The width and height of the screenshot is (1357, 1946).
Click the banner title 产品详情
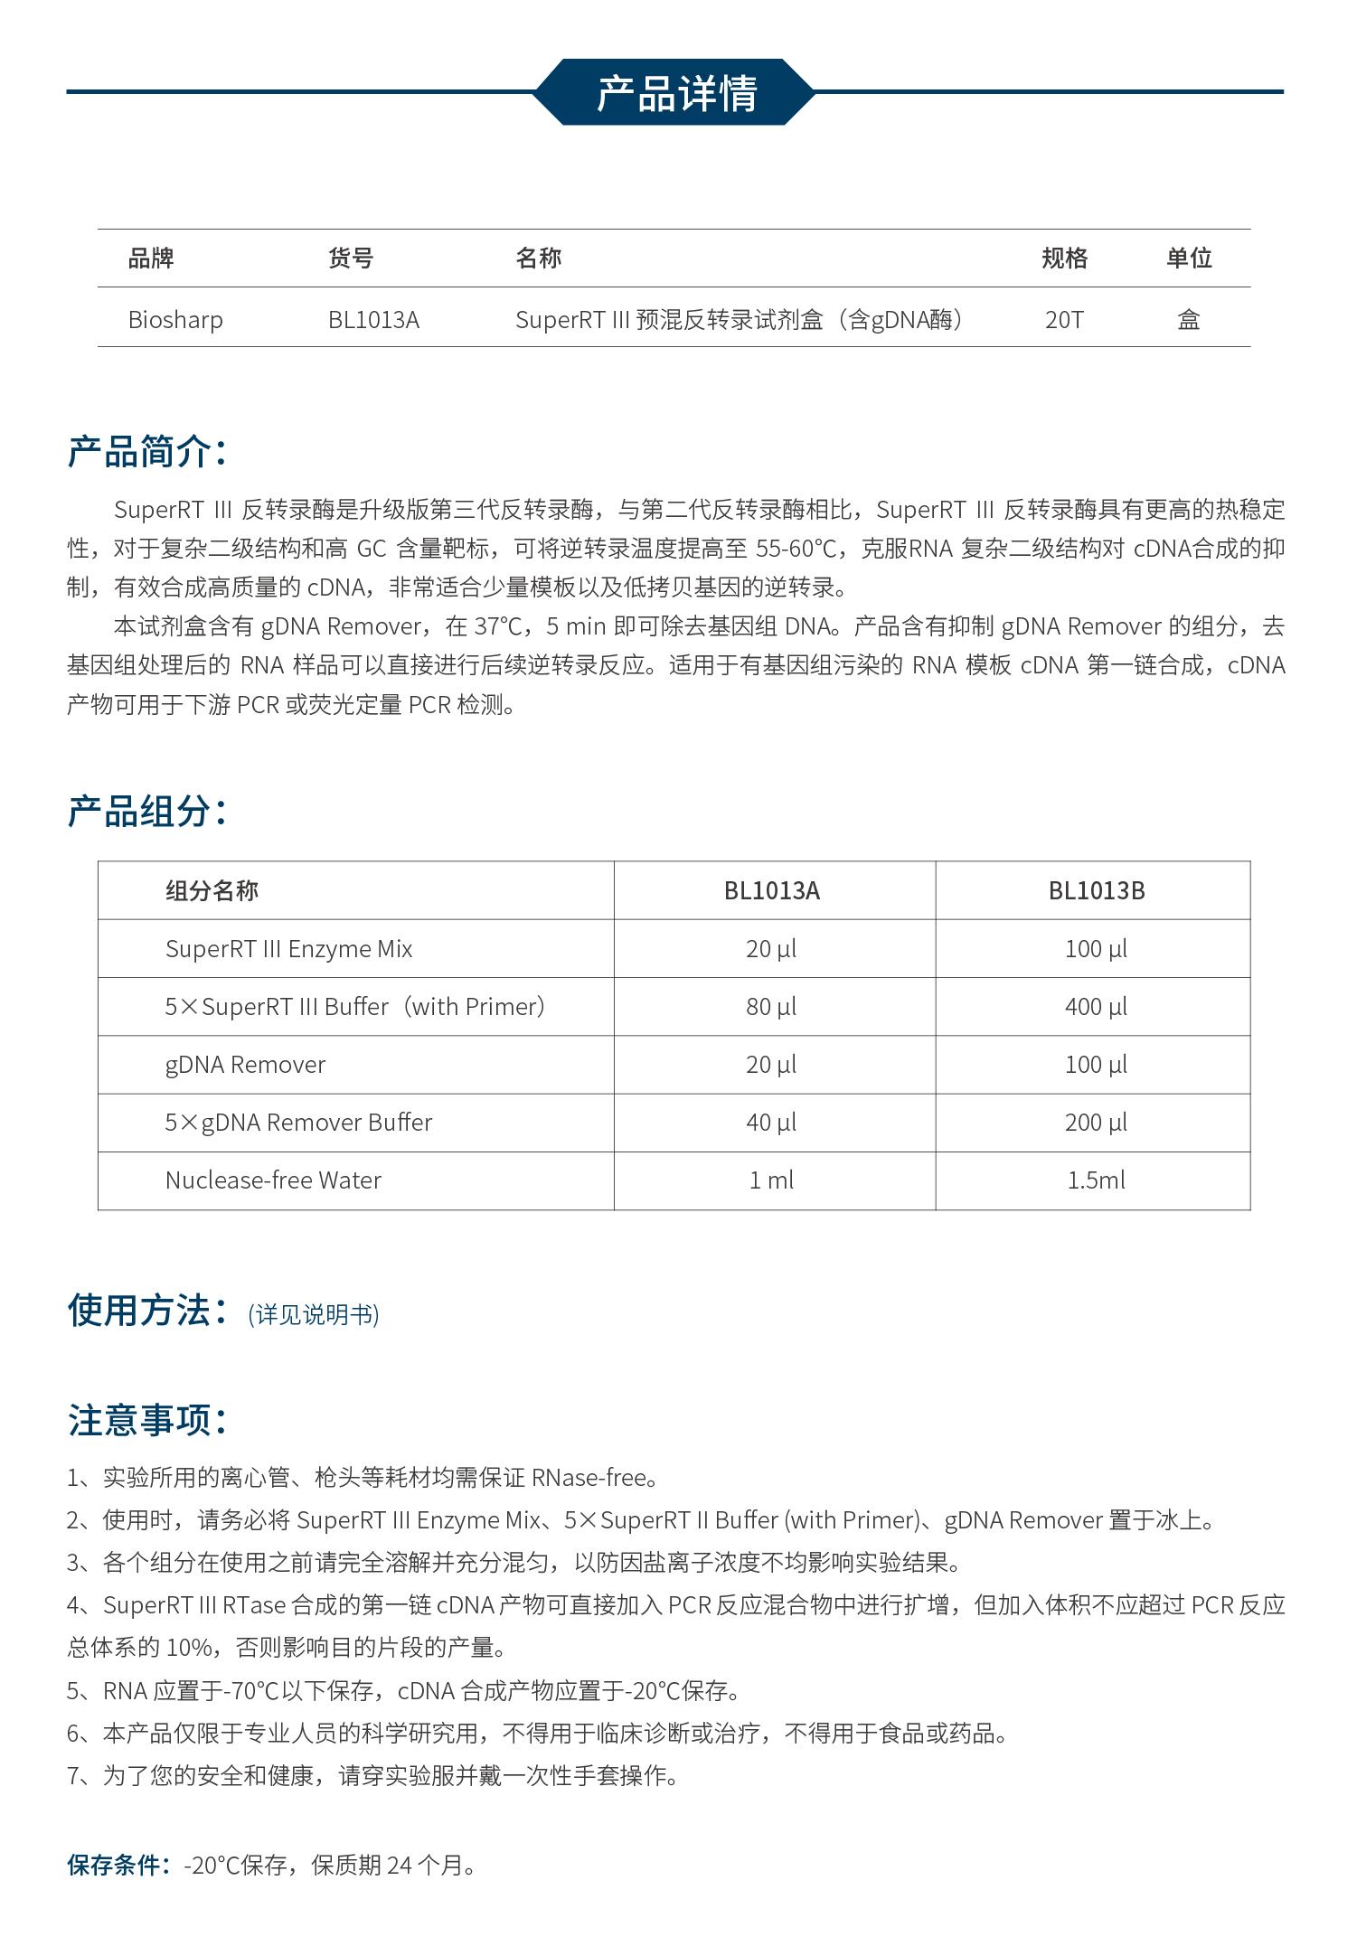pos(676,93)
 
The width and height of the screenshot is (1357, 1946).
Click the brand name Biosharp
pos(175,320)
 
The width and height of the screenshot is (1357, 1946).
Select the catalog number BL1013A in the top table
pos(373,320)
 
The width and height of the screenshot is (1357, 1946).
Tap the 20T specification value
pos(1064,320)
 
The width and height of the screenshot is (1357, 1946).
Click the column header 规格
pos(1064,259)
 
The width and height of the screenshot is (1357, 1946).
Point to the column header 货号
pos(351,259)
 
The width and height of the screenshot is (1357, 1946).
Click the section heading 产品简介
pos(146,452)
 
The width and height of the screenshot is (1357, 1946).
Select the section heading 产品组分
pos(146,812)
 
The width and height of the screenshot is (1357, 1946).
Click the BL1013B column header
pos(1096,891)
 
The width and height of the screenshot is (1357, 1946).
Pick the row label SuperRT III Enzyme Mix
pos(288,949)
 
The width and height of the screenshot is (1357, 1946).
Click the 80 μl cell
pos(771,1007)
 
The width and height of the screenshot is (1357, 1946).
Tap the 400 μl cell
pos(1096,1007)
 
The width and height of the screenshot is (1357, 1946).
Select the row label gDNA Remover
pos(245,1065)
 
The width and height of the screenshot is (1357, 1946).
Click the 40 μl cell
pos(771,1123)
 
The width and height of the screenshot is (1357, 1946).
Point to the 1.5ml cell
pos(1096,1180)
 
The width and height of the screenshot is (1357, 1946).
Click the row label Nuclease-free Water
pos(273,1180)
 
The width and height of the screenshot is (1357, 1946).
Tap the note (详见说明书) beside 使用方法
pos(314,1314)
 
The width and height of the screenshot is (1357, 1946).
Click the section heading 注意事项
pos(146,1420)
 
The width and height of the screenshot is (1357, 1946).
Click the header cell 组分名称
pos(212,891)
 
